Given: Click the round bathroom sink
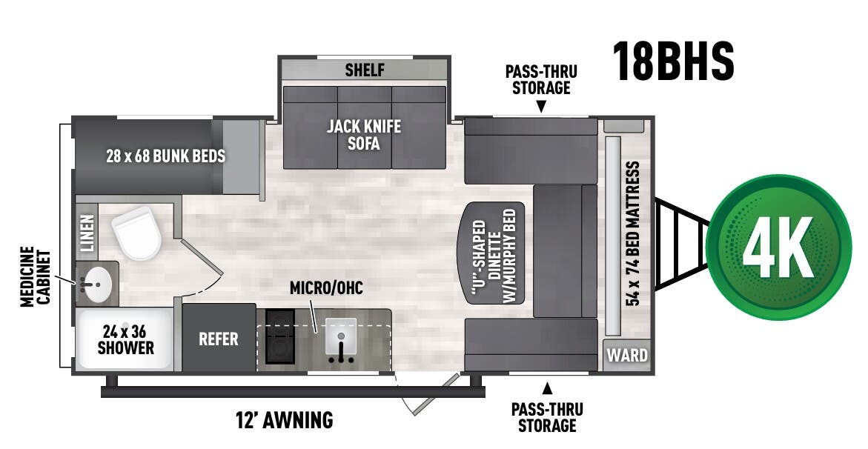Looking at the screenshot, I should coord(96,282).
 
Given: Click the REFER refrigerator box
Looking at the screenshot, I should coord(219,339).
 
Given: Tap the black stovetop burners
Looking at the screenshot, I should coord(279,338).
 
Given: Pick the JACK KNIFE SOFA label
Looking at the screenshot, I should coord(364,134).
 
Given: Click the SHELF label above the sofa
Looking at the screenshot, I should coord(365,70).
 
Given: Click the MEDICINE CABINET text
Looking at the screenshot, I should coord(35,277).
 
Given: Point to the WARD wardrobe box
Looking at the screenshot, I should coord(627,355).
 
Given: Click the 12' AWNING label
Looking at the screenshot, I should coord(283,421).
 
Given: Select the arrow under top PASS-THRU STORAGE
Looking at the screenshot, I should coord(541,107).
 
